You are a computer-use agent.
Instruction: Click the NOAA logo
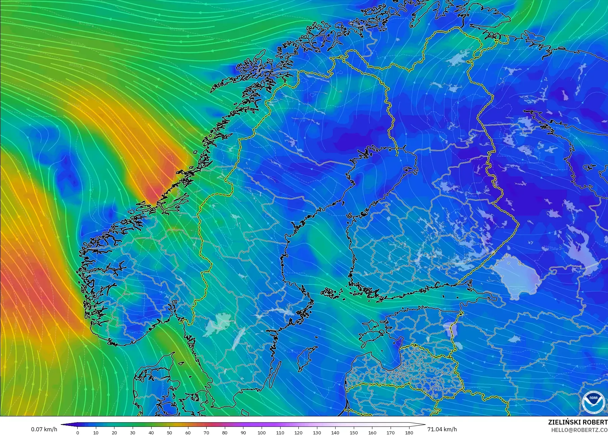593,402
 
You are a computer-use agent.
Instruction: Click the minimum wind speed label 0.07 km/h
44,429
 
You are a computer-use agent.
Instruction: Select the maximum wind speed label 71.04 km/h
442,429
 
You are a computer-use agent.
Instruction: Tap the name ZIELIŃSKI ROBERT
578,422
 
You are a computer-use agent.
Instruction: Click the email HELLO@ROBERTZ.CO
579,430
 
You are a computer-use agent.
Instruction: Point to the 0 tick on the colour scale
78,433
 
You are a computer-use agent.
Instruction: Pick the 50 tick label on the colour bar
169,433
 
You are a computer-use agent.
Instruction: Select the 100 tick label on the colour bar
262,433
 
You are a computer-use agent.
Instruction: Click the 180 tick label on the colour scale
409,433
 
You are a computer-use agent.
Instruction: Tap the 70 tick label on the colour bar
206,433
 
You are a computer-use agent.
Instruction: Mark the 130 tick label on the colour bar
317,433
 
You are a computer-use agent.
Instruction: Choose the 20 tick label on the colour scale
114,433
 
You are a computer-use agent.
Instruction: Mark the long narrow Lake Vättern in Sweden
239,338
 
